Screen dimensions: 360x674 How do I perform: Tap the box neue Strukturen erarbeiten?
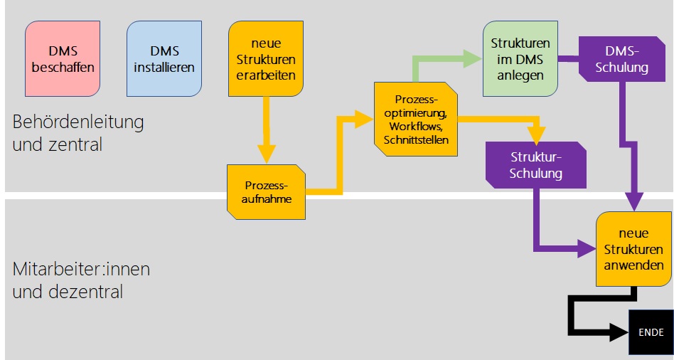(x=264, y=59)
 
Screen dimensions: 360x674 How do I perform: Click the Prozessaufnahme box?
(x=266, y=191)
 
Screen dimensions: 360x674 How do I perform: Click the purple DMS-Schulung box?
(x=626, y=60)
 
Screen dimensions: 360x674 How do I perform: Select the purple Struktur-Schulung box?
(x=536, y=165)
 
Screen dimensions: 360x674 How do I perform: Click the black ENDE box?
(x=651, y=332)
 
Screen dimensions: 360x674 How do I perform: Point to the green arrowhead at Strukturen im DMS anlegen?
(x=472, y=59)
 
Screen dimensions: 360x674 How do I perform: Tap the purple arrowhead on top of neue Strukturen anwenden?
(x=635, y=203)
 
